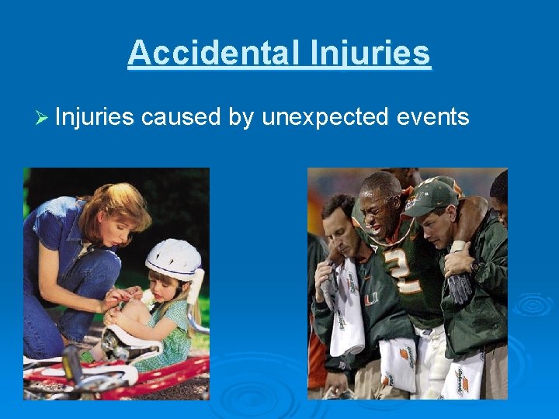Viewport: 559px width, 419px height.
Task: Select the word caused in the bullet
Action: [180, 117]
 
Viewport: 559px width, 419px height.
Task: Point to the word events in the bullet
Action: [432, 117]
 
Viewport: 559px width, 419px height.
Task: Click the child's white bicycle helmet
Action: [173, 258]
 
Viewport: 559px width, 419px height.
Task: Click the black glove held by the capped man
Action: [460, 288]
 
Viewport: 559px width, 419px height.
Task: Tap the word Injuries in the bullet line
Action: [94, 117]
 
